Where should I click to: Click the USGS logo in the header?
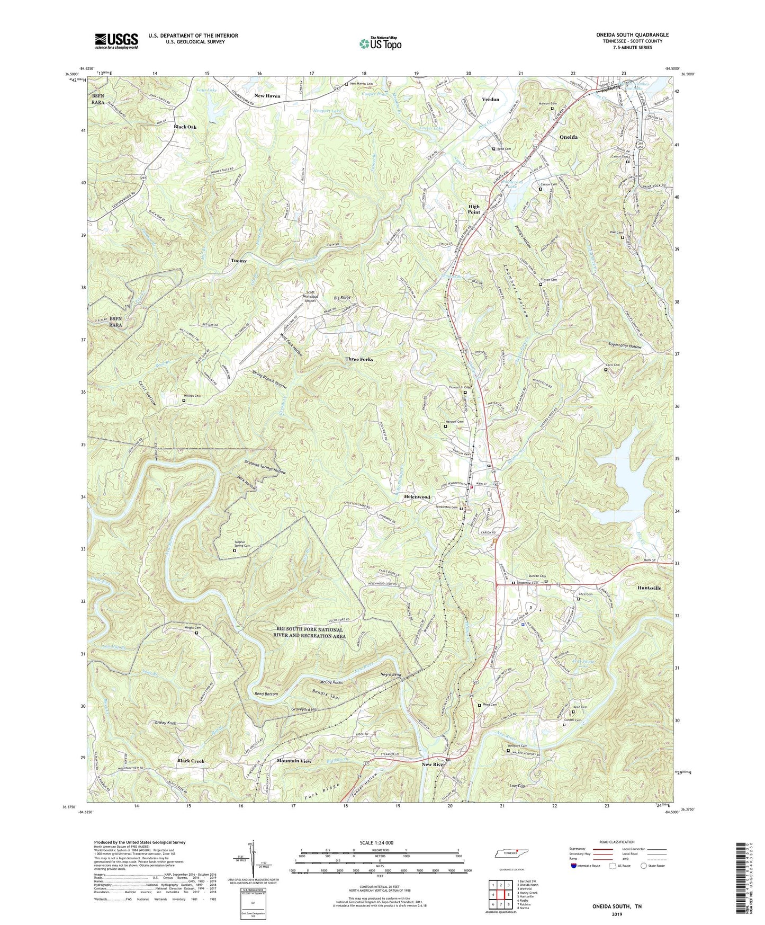tap(116, 40)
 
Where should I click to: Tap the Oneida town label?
tap(568, 137)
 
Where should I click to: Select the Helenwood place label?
tap(417, 497)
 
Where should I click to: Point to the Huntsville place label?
tap(649, 588)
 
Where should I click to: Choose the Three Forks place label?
tap(359, 359)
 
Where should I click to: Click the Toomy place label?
tap(238, 261)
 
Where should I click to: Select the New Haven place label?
tap(267, 96)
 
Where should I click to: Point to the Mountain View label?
tap(294, 761)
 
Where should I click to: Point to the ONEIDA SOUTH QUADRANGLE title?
tap(625, 35)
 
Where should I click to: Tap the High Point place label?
tap(473, 209)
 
